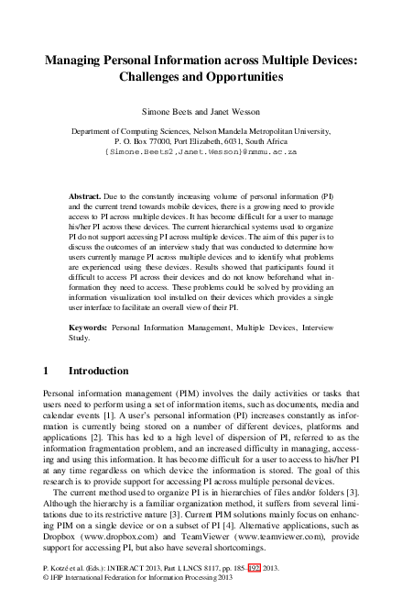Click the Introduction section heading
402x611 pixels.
pos(99,372)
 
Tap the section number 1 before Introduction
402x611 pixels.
pos(47,372)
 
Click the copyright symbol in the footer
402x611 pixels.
pos(47,580)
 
